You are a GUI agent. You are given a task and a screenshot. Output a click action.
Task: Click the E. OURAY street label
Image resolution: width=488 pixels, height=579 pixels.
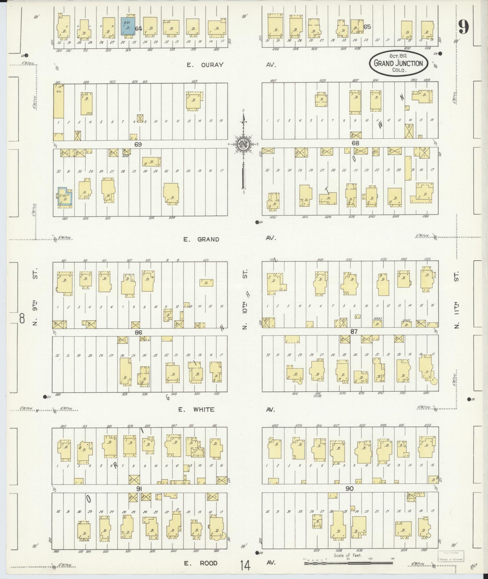205,65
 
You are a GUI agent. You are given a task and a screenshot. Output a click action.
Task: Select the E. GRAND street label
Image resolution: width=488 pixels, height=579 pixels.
201,239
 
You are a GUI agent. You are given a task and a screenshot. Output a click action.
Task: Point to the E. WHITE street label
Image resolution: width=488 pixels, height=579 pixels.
196,410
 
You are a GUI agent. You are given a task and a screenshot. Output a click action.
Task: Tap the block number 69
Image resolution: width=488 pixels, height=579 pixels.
138,145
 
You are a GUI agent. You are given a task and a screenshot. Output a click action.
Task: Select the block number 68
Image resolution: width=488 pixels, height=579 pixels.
355,143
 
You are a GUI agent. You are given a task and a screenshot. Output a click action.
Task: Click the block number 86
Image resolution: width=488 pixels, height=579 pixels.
139,333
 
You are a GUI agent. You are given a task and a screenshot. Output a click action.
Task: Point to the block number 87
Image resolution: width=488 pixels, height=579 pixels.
354,332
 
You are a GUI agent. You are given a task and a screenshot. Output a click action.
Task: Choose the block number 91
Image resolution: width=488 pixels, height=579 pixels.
139,488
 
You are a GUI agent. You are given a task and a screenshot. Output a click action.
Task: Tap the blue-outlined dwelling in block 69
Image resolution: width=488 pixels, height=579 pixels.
64,197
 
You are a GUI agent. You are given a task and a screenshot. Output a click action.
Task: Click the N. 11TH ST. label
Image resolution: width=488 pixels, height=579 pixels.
457,300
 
